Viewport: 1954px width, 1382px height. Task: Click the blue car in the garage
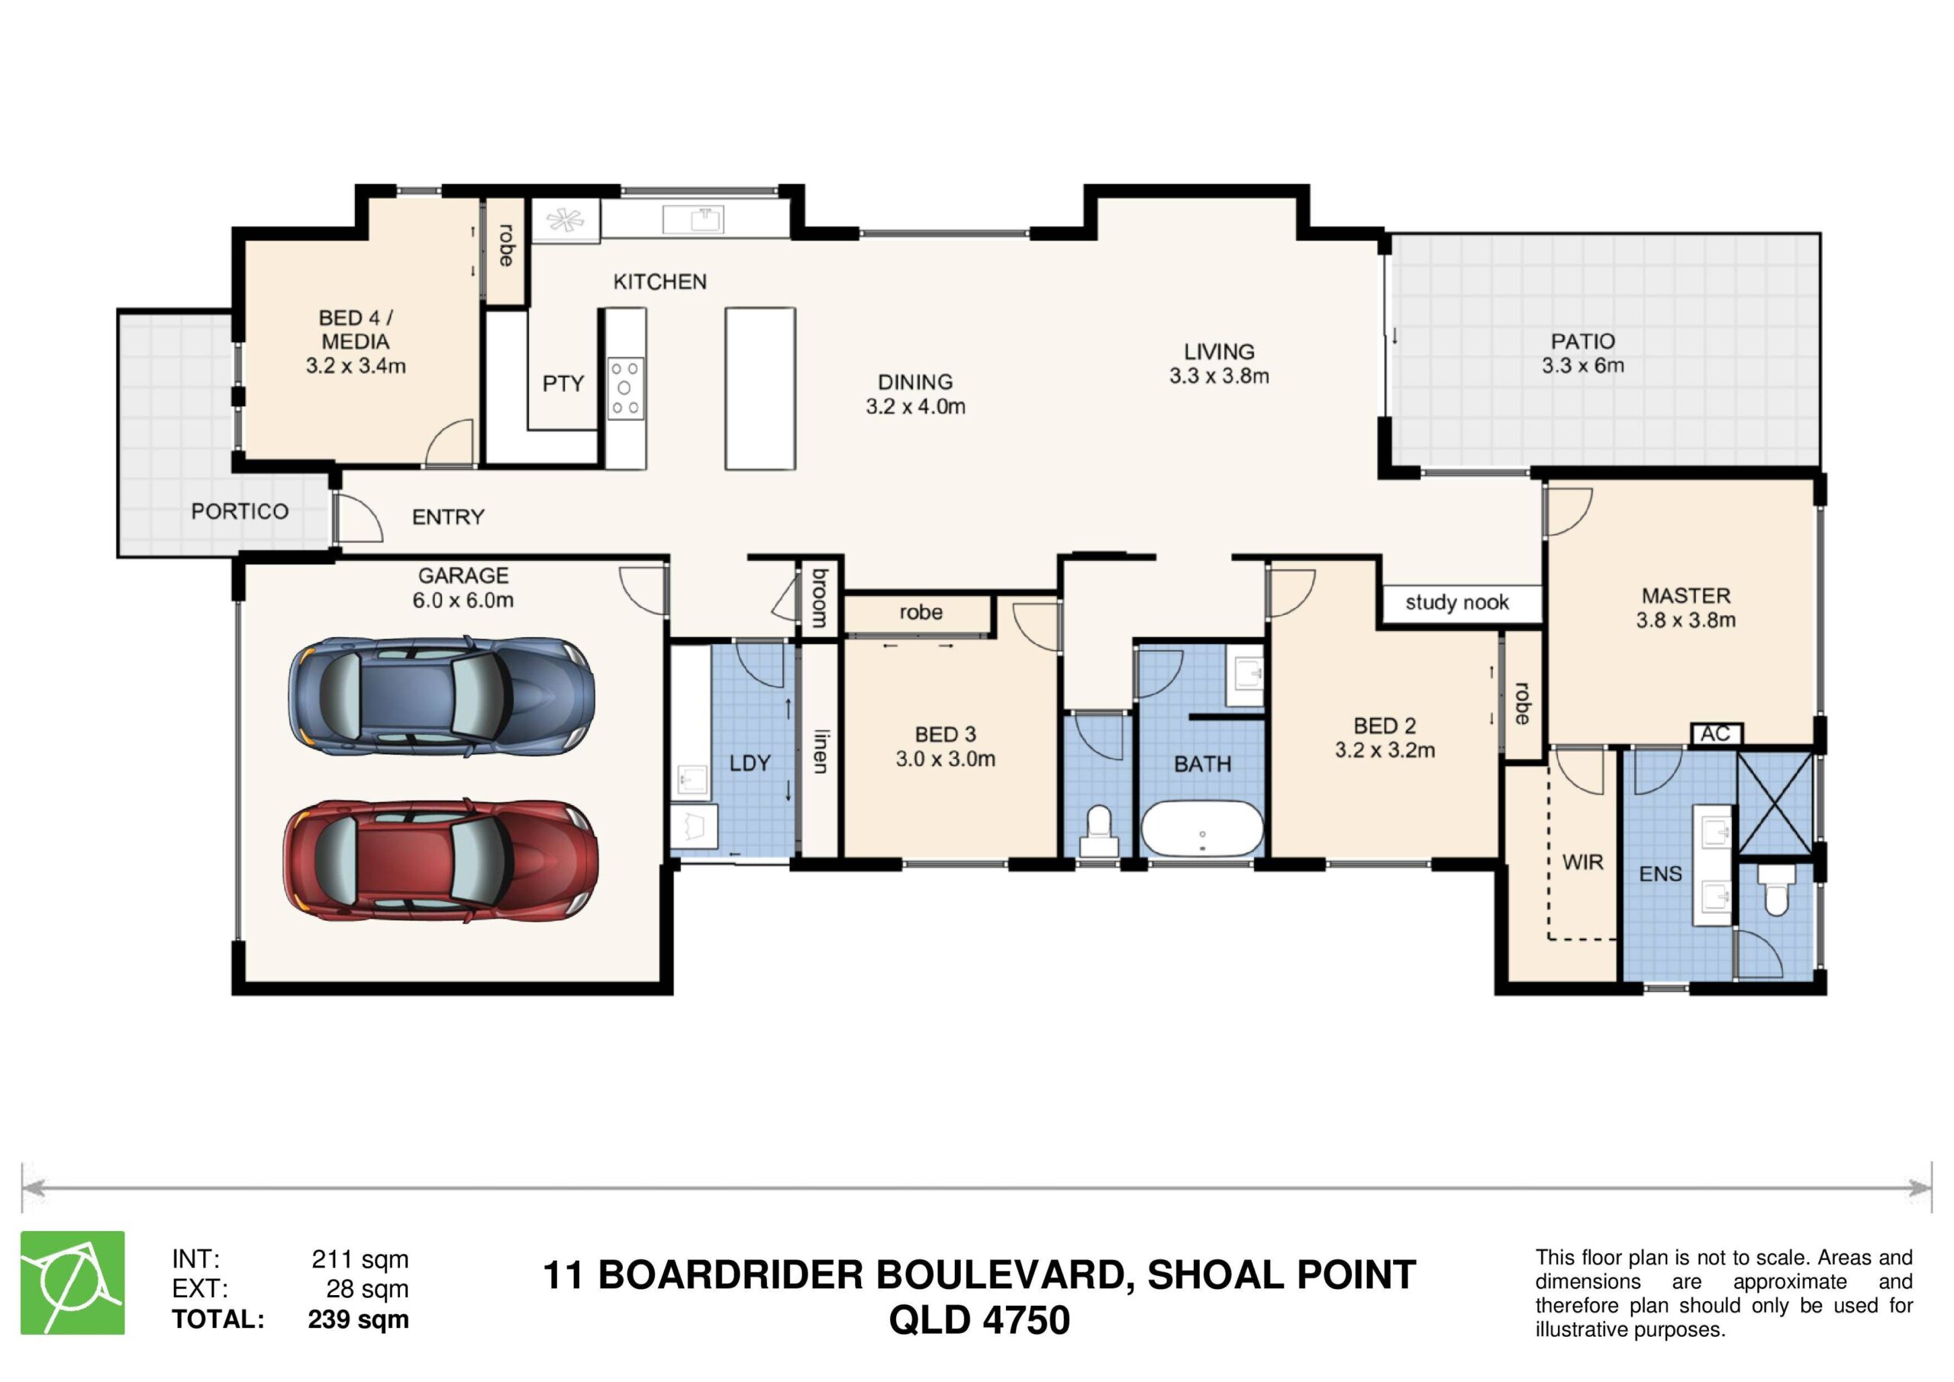pyautogui.click(x=441, y=696)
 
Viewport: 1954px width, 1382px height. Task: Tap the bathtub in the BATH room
pyautogui.click(x=1201, y=829)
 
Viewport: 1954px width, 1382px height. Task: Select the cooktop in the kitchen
pyautogui.click(x=626, y=388)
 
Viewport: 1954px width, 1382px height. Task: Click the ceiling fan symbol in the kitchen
pyautogui.click(x=565, y=221)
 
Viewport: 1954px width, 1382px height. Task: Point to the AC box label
pyautogui.click(x=1716, y=733)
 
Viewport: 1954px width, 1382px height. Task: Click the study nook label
pyautogui.click(x=1457, y=603)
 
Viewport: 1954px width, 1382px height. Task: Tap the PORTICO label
pyautogui.click(x=240, y=511)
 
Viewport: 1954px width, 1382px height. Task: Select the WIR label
pyautogui.click(x=1583, y=862)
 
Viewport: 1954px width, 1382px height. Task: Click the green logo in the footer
pyautogui.click(x=73, y=1283)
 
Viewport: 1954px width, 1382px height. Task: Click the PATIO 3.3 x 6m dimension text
pyautogui.click(x=1583, y=366)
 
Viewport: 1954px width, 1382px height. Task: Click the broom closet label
pyautogui.click(x=820, y=598)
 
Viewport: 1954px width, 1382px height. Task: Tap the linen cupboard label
pyautogui.click(x=820, y=751)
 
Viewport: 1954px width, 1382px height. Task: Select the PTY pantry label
pyautogui.click(x=563, y=384)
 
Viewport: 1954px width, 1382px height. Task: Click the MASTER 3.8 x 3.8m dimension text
pyautogui.click(x=1686, y=620)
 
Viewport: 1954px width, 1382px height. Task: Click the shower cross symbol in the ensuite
pyautogui.click(x=1775, y=804)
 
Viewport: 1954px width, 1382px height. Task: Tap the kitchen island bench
pyautogui.click(x=760, y=388)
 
